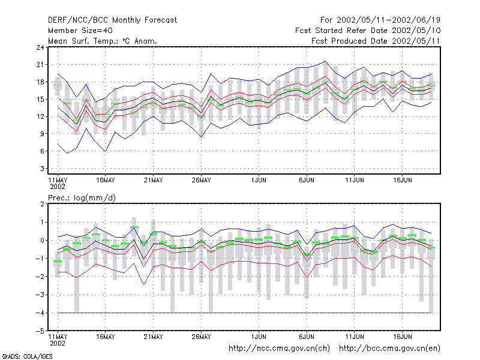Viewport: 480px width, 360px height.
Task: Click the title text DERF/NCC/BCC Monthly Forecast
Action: point(112,20)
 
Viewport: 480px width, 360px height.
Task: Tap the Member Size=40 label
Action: point(80,31)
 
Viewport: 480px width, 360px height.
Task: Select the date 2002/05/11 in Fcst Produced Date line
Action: point(416,41)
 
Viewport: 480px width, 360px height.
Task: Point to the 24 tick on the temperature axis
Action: point(40,47)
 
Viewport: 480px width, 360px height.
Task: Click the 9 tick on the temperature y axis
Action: point(42,134)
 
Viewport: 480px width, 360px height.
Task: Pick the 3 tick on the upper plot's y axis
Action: point(42,169)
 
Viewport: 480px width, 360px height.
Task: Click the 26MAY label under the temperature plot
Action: point(201,181)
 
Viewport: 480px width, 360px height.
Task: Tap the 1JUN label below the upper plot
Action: point(259,181)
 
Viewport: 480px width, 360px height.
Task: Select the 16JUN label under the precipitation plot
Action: point(402,337)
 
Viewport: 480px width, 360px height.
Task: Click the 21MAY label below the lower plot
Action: point(154,337)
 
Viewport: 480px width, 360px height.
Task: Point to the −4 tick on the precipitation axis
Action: point(40,313)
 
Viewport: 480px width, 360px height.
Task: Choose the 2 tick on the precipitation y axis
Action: point(42,204)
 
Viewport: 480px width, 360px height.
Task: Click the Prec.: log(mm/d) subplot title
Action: point(82,198)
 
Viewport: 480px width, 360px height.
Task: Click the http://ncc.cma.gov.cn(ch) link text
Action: point(279,349)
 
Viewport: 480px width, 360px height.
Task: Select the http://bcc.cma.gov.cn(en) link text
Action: point(389,349)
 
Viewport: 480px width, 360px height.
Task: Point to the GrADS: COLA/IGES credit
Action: point(27,356)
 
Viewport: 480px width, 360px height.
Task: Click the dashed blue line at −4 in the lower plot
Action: point(245,313)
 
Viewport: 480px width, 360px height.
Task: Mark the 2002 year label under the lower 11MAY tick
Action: point(58,343)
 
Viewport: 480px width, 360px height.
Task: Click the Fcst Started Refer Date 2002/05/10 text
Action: point(368,31)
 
